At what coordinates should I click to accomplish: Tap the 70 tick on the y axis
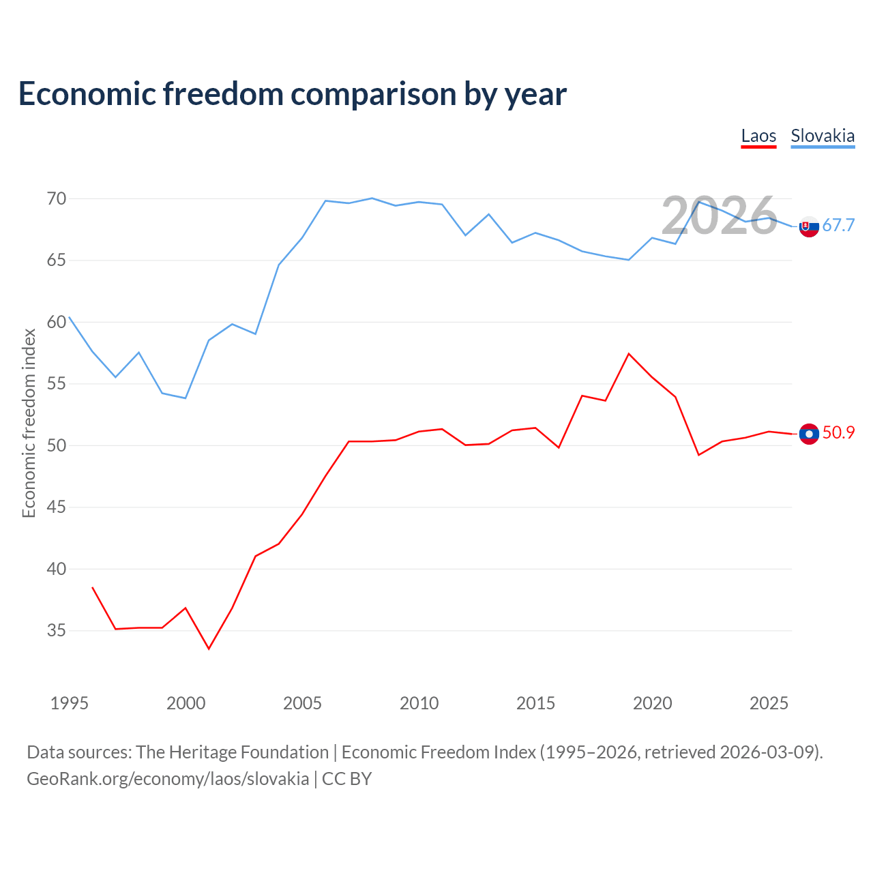tap(57, 198)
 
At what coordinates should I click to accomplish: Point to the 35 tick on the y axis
tap(57, 630)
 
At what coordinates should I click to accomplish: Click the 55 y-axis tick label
tap(57, 384)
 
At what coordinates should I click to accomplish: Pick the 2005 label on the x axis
tap(302, 703)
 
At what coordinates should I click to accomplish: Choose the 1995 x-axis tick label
tap(70, 703)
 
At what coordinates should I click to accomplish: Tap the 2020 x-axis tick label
tap(653, 703)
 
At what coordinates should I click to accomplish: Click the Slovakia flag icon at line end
tap(809, 226)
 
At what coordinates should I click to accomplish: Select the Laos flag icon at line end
tap(809, 434)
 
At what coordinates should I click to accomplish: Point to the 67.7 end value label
tap(838, 225)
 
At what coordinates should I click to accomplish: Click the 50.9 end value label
tap(838, 432)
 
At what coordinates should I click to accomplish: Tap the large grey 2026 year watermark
tap(720, 216)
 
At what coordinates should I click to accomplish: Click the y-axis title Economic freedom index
tap(29, 423)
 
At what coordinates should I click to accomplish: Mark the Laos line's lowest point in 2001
tap(209, 649)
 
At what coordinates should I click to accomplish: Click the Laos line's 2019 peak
tap(629, 353)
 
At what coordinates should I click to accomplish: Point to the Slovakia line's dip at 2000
tap(186, 398)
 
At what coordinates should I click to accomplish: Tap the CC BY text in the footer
tap(346, 780)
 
